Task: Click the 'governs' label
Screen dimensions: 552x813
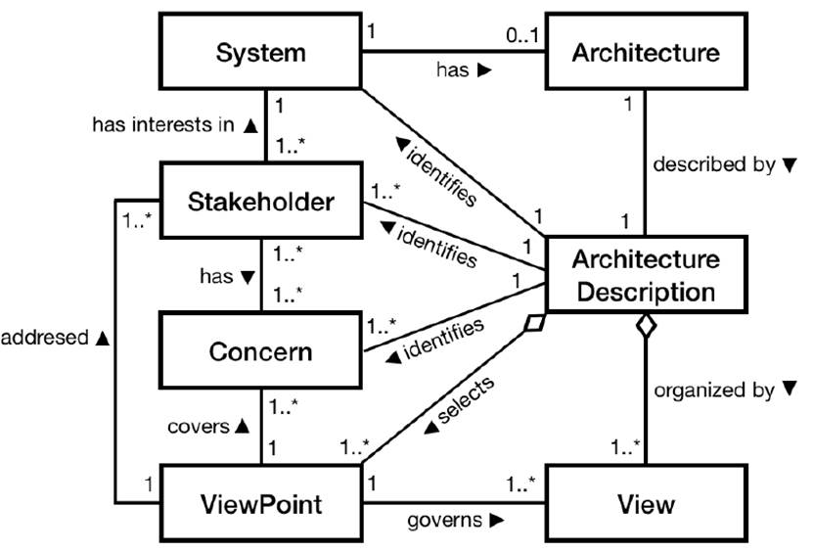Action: click(x=446, y=520)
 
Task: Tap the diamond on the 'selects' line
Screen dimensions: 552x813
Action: click(x=534, y=324)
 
